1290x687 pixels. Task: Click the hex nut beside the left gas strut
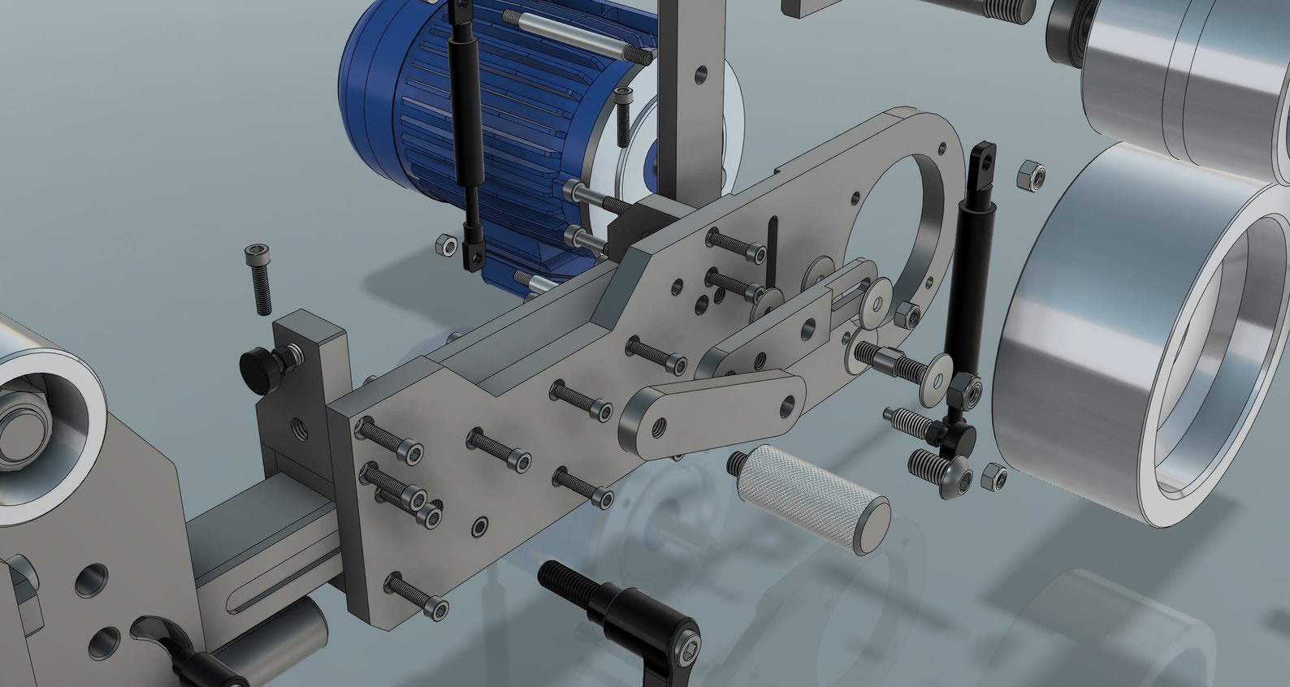pyautogui.click(x=444, y=244)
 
